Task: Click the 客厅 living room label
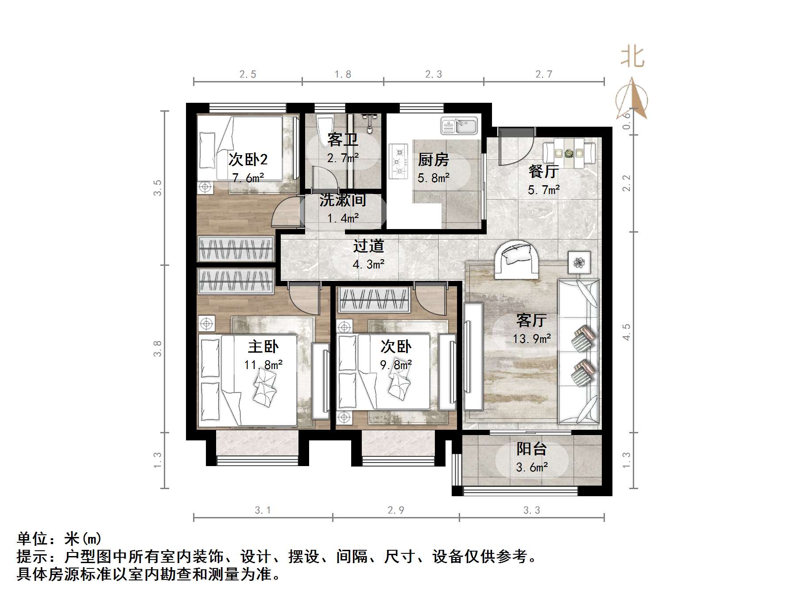click(x=531, y=320)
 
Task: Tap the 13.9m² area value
click(x=531, y=339)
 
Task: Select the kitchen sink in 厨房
click(x=459, y=126)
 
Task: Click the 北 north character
click(x=632, y=58)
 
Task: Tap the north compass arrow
click(x=632, y=98)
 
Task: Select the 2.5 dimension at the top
click(x=248, y=74)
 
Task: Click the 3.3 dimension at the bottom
click(x=531, y=510)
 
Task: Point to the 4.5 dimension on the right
click(x=626, y=332)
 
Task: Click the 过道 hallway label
click(x=368, y=246)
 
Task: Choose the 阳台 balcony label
click(x=531, y=449)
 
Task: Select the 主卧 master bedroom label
click(x=263, y=346)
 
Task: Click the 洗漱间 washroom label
click(x=342, y=200)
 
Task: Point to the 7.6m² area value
click(x=248, y=178)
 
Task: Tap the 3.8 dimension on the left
click(x=158, y=349)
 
